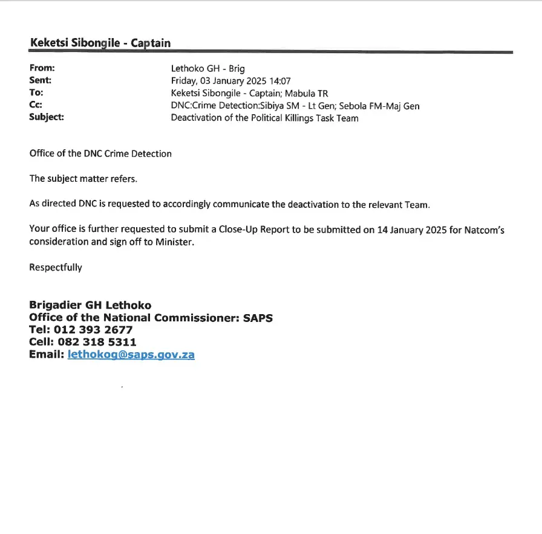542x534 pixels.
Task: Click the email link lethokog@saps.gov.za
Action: tap(131, 355)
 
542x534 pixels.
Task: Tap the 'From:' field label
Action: tap(42, 69)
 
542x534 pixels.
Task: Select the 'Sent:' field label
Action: tap(41, 80)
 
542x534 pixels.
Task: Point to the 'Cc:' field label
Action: tap(36, 105)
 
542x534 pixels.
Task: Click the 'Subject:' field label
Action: tap(47, 117)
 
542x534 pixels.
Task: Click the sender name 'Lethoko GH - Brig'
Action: tap(208, 69)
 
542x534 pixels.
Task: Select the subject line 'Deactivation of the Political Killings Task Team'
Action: tap(264, 118)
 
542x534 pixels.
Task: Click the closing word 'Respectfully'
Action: tap(56, 267)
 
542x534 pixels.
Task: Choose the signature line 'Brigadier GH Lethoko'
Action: tap(90, 305)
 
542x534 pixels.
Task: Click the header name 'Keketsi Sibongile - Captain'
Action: tap(100, 43)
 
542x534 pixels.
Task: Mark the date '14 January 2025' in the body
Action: tap(411, 230)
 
